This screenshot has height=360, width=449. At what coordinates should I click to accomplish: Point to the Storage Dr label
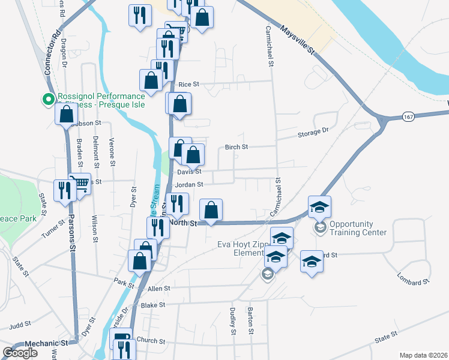click(314, 132)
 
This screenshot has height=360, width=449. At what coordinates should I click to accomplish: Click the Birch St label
click(236, 147)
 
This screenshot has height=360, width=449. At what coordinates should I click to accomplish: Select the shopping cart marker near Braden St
click(79, 182)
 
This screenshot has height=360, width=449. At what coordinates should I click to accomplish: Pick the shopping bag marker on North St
click(211, 210)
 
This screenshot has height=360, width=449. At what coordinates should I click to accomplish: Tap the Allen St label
click(158, 289)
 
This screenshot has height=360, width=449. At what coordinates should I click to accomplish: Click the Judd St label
click(20, 325)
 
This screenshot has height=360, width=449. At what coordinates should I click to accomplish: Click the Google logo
click(20, 353)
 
